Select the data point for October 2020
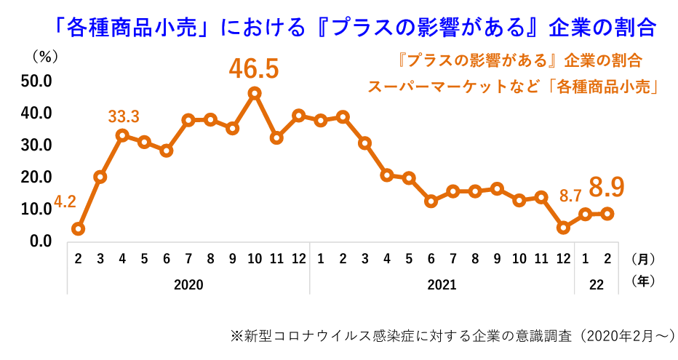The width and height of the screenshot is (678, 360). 255,93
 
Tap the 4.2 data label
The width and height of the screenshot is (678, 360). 64,202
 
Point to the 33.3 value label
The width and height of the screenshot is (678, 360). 124,116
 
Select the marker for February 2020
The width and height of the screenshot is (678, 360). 79,228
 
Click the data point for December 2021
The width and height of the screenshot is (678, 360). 562,228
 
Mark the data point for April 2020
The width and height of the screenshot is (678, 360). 122,135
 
